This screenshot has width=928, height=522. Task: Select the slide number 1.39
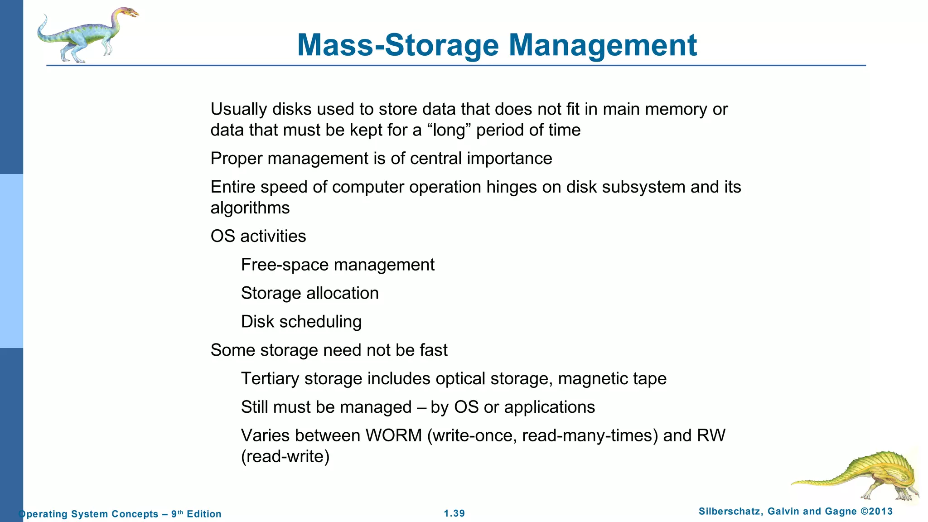454,513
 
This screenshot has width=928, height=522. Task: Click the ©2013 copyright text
876,512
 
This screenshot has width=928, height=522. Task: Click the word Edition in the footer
204,514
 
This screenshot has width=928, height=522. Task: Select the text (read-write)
285,456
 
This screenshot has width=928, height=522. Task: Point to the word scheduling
320,322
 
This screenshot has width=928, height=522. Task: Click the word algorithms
250,208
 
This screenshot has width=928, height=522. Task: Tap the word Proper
236,159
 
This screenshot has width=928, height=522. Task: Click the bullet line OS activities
258,236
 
